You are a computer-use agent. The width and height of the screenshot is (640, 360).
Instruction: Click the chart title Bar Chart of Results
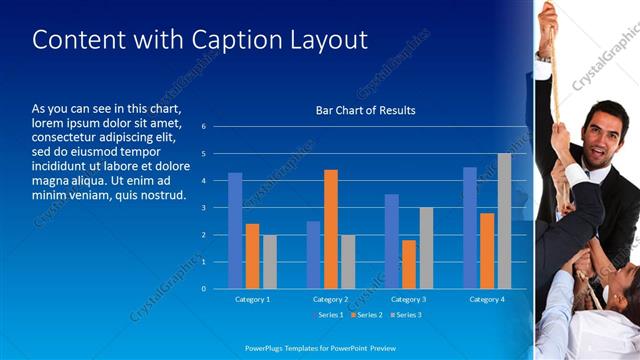click(359, 110)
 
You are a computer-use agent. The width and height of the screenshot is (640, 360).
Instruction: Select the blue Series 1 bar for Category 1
click(235, 231)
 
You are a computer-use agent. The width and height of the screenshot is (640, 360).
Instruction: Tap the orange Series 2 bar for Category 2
click(331, 229)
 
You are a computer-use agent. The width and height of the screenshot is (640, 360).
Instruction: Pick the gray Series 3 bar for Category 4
click(504, 221)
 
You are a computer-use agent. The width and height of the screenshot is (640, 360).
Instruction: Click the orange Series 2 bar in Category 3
click(409, 264)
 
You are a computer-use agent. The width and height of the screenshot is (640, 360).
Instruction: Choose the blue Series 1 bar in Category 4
click(470, 228)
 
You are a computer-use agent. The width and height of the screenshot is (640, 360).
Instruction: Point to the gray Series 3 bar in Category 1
click(269, 262)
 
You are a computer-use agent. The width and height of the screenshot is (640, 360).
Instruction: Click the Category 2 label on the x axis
click(331, 299)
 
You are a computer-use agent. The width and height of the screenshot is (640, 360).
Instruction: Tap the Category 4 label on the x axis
click(487, 299)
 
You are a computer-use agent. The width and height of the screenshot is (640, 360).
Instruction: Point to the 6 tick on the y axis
click(203, 127)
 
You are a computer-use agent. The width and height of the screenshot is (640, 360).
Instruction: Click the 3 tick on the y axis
click(203, 208)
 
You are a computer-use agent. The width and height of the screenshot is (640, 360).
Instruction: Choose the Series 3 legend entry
click(405, 315)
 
